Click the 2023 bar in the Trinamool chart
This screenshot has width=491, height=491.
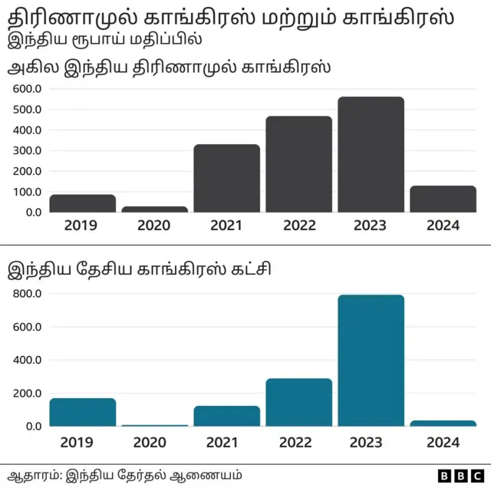coord(371,154)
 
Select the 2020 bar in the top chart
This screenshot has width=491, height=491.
coord(155,209)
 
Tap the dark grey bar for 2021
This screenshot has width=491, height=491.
coord(226,178)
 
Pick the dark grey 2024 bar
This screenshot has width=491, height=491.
coord(443,199)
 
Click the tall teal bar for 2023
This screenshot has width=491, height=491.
coord(371,361)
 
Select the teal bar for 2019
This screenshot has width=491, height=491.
coord(83,412)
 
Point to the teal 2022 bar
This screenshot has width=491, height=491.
coord(298,402)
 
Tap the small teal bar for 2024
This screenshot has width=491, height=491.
coord(443,423)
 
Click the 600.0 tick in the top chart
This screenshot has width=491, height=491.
coord(27,89)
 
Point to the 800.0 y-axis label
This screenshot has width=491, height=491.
coord(27,294)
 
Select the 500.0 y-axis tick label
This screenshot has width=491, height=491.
coord(27,110)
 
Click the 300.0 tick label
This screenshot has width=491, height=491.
coord(27,150)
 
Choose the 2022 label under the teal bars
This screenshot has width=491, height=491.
coord(298,442)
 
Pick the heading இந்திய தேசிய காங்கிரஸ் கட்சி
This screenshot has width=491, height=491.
coord(138,269)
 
